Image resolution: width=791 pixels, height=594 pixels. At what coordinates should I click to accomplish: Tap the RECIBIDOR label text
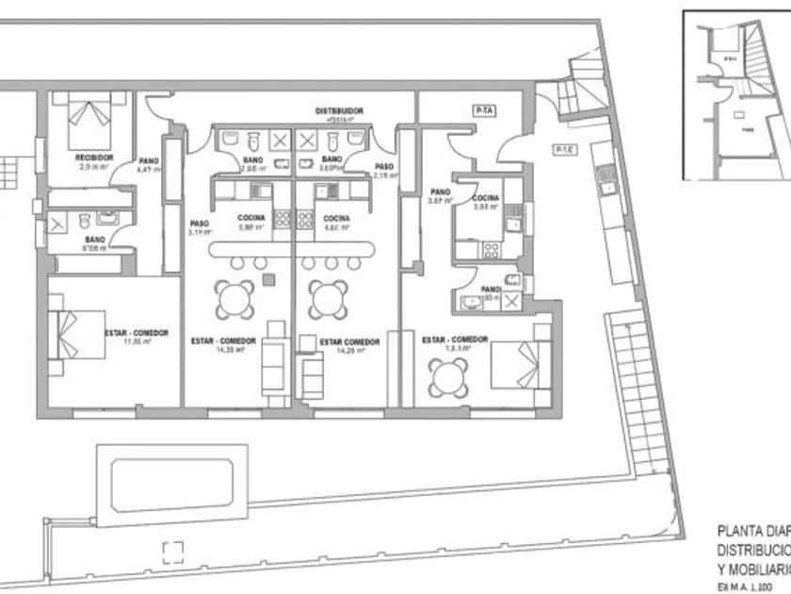click(94, 157)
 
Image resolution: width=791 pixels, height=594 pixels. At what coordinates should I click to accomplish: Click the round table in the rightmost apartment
click(446, 378)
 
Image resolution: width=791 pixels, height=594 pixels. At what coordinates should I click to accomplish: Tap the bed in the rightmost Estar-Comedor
click(520, 364)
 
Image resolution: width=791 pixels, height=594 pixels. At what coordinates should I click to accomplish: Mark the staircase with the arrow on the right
click(624, 396)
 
